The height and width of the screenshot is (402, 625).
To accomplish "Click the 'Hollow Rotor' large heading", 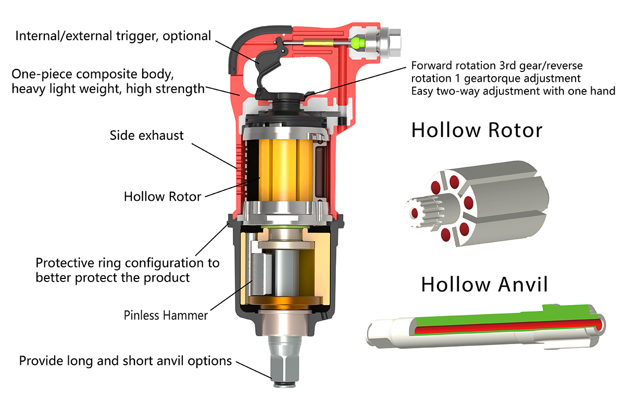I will pos(477,130).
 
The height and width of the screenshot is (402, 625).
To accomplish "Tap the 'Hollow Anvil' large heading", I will pos(484,284).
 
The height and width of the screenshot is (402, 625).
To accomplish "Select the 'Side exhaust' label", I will pos(146,136).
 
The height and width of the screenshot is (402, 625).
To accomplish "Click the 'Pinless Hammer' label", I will pos(166,315).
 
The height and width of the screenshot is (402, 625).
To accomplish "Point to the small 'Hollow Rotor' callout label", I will pos(162,197).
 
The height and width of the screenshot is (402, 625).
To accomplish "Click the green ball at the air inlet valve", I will pos(357,42).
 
